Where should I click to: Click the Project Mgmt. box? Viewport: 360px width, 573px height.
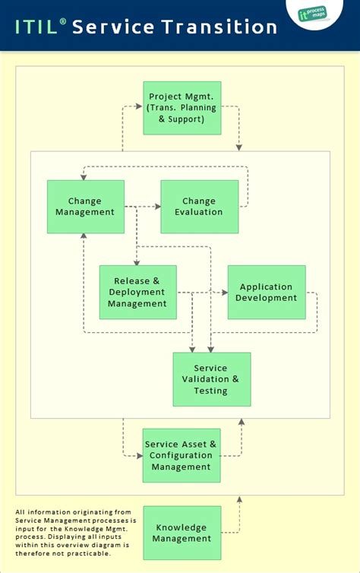(x=182, y=108)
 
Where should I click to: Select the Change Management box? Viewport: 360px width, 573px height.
(x=85, y=207)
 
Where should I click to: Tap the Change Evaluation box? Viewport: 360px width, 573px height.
(x=199, y=207)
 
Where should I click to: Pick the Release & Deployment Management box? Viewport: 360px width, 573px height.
(x=137, y=292)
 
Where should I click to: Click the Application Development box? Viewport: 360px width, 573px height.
(x=266, y=292)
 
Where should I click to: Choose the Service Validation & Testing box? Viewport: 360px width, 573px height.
(x=211, y=379)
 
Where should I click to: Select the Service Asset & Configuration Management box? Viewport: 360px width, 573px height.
(x=182, y=455)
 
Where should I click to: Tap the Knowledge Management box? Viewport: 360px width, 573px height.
(x=182, y=533)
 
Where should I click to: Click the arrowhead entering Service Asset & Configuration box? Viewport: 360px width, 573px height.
(x=139, y=456)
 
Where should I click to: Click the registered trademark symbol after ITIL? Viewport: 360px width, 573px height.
(x=63, y=21)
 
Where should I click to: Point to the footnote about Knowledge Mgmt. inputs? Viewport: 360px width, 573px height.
(x=74, y=532)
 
